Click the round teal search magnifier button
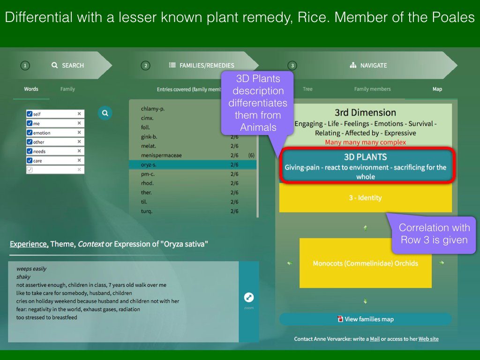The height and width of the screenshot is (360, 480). tap(105, 113)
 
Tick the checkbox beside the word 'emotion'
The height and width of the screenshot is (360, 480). tap(30, 133)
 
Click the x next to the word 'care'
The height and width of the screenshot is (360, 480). tap(79, 160)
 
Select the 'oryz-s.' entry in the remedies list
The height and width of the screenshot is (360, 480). tap(149, 165)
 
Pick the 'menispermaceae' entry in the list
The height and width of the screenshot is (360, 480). tap(161, 156)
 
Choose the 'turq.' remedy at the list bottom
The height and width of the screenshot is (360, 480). tap(147, 211)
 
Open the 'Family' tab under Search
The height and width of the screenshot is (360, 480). tap(67, 89)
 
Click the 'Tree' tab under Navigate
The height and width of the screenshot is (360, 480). tap(307, 89)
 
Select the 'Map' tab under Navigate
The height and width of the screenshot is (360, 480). tap(437, 89)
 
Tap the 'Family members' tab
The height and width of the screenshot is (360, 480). tap(372, 89)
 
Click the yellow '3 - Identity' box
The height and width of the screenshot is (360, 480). tap(366, 198)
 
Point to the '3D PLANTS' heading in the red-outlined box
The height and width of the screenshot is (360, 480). tap(366, 157)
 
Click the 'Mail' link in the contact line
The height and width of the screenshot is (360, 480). tap(375, 339)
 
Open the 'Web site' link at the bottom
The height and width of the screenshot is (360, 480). tap(428, 339)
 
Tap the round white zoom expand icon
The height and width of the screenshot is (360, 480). tap(249, 297)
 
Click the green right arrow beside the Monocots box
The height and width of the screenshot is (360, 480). tap(442, 262)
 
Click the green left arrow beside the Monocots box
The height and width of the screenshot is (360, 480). tap(290, 262)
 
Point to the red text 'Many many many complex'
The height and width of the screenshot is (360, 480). tap(366, 142)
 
